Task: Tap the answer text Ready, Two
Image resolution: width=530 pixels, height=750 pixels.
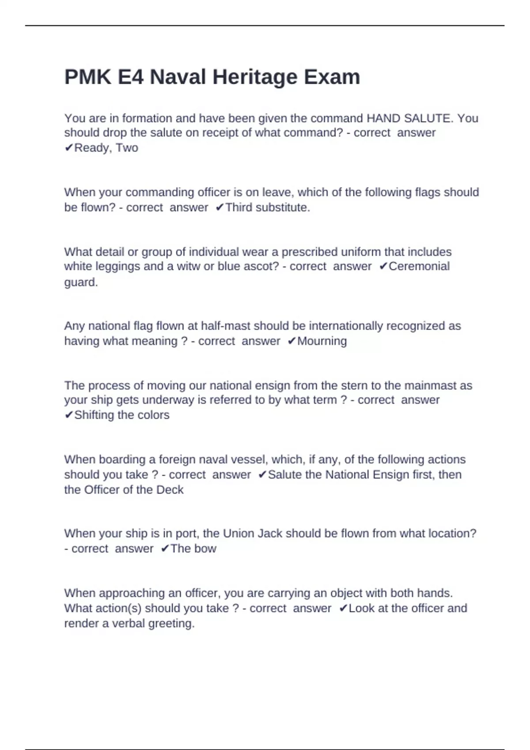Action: tap(106, 148)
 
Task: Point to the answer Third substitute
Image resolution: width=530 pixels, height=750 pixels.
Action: tap(268, 207)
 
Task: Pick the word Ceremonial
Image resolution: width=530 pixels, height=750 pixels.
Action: tap(419, 266)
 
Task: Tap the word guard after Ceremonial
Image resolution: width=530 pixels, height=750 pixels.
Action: tap(80, 282)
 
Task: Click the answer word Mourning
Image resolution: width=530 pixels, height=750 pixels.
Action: tap(322, 341)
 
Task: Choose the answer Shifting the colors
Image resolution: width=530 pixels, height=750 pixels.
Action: tap(121, 415)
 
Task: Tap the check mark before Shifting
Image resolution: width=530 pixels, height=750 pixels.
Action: tap(69, 415)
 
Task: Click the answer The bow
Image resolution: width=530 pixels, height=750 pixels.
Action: tap(193, 549)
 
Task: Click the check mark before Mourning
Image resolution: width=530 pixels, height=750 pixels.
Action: tap(291, 341)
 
